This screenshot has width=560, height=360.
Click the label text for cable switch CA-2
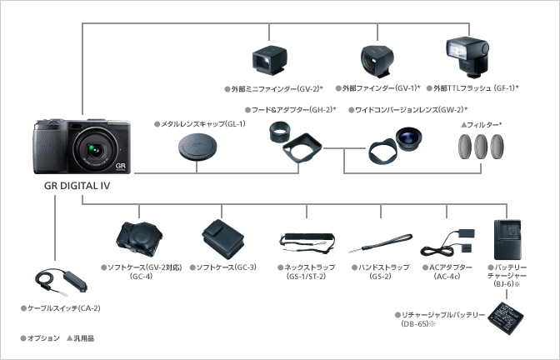(x=63, y=308)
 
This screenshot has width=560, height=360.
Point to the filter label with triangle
(x=486, y=124)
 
